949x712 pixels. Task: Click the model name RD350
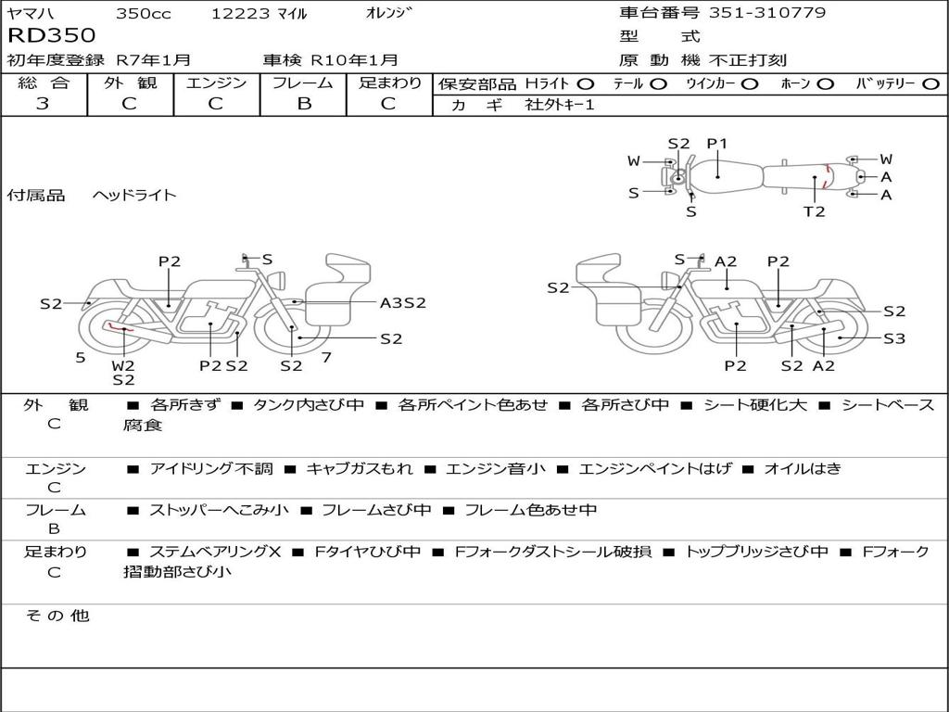52,35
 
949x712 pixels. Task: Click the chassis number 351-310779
766,12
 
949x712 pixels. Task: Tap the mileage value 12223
240,13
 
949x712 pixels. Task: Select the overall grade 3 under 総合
43,104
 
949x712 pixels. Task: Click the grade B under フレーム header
304,104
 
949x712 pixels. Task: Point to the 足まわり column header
389,83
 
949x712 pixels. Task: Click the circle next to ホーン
825,84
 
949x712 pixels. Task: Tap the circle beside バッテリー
930,84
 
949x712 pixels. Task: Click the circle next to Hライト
586,84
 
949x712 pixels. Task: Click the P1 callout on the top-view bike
717,144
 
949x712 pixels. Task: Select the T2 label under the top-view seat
814,211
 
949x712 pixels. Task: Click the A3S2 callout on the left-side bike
402,303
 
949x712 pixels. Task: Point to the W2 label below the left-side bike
123,365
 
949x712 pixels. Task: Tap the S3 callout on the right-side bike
894,338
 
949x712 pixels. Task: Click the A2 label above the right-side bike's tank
725,261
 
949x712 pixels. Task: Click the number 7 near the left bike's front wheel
326,358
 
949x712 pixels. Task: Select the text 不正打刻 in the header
748,60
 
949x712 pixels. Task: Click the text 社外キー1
560,105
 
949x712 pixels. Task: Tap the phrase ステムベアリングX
215,552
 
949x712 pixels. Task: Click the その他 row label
57,616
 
